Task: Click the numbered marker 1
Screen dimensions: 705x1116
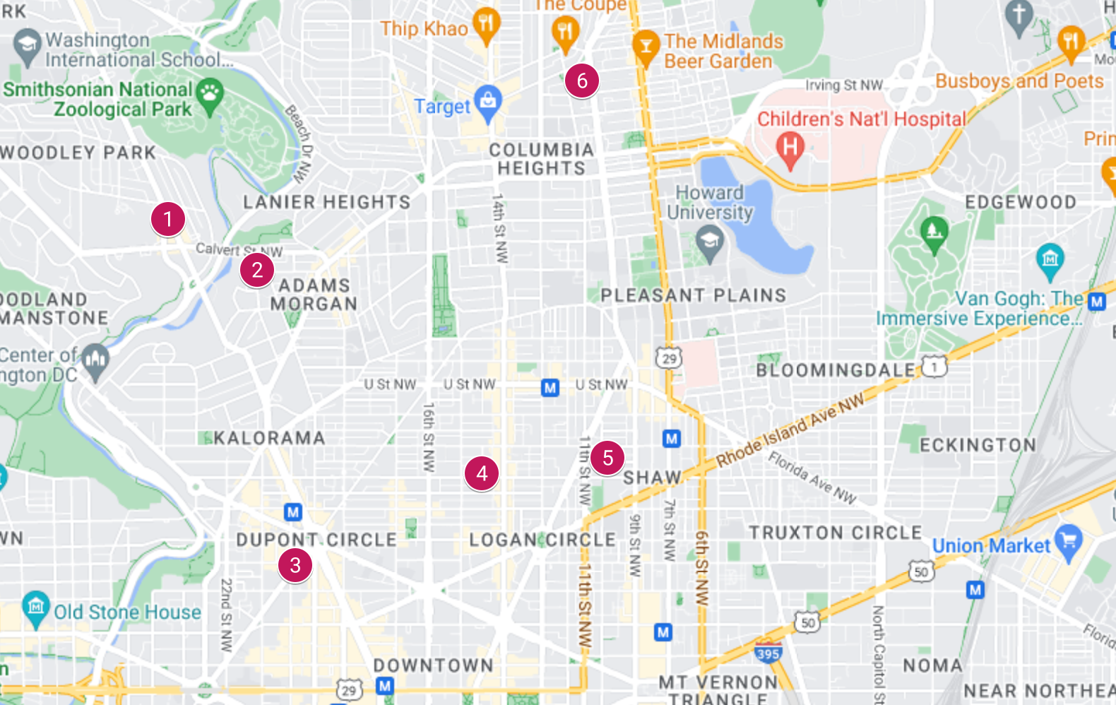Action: coord(168,219)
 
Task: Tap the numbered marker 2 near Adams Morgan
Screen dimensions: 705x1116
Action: coord(257,270)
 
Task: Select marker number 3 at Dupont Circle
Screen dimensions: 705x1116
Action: coord(295,565)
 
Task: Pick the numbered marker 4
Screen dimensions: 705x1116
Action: coord(482,473)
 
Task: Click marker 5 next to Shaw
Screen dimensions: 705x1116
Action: coord(607,458)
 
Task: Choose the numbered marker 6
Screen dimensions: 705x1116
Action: coord(582,81)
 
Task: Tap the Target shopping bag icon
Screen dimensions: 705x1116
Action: coord(488,101)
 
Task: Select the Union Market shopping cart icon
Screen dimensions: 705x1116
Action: coord(1069,540)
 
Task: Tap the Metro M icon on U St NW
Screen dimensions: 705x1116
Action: coord(550,387)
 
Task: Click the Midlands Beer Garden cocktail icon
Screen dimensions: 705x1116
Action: coord(645,46)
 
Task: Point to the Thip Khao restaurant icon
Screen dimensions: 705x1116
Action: coord(486,24)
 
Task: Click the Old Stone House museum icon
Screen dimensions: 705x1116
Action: coord(36,608)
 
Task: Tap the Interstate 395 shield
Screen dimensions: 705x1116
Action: coord(768,653)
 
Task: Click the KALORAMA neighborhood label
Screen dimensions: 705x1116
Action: coord(269,439)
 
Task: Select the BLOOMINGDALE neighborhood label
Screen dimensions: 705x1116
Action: coord(835,370)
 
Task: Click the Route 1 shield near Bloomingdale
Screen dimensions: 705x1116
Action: coord(934,367)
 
